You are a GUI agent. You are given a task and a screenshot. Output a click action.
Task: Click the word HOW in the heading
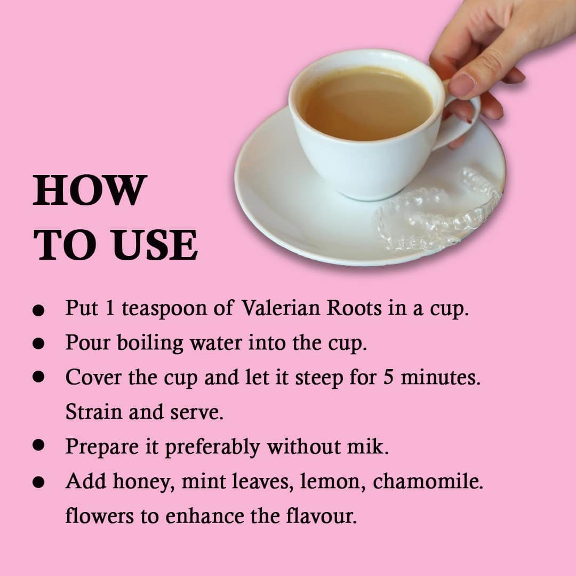coord(90,190)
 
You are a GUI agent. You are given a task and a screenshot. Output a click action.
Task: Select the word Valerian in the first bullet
coord(281,308)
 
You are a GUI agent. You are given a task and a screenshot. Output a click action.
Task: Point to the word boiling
coord(150,343)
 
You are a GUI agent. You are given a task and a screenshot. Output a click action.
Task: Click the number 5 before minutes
coord(388,377)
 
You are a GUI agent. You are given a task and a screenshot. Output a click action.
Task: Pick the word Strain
coord(94,412)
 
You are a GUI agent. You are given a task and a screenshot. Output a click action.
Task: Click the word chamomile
coord(428,481)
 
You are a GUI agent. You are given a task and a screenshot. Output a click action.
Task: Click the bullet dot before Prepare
coord(38,445)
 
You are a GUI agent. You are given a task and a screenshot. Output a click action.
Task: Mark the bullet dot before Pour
coord(38,343)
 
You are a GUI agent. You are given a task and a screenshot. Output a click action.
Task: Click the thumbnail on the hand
coord(463,84)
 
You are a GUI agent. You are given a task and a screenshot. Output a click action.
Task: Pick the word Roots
coord(354,308)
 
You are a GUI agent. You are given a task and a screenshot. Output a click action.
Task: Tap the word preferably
coord(212,447)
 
